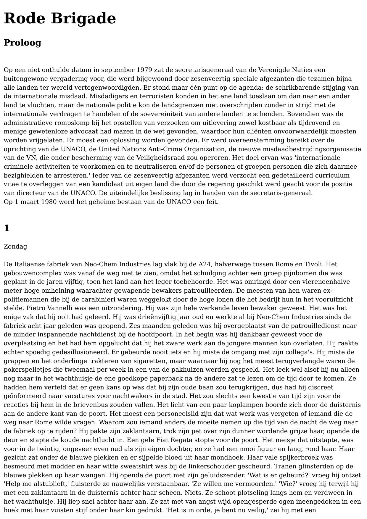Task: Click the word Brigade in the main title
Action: [83, 18]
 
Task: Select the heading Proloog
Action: [22, 43]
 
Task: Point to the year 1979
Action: [144, 70]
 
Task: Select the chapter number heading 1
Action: [7, 228]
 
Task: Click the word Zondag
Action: [15, 246]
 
